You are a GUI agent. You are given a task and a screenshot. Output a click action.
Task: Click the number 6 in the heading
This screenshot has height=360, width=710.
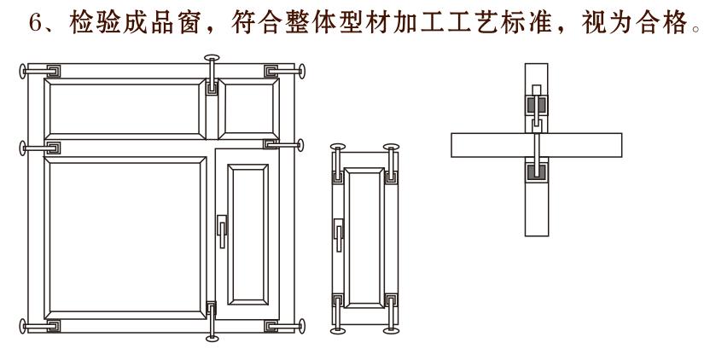pyautogui.click(x=36, y=20)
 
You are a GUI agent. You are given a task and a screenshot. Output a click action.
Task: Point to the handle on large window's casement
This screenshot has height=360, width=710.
pyautogui.click(x=222, y=230)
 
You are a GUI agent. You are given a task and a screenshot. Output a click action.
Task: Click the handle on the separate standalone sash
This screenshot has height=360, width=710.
pyautogui.click(x=339, y=231)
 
